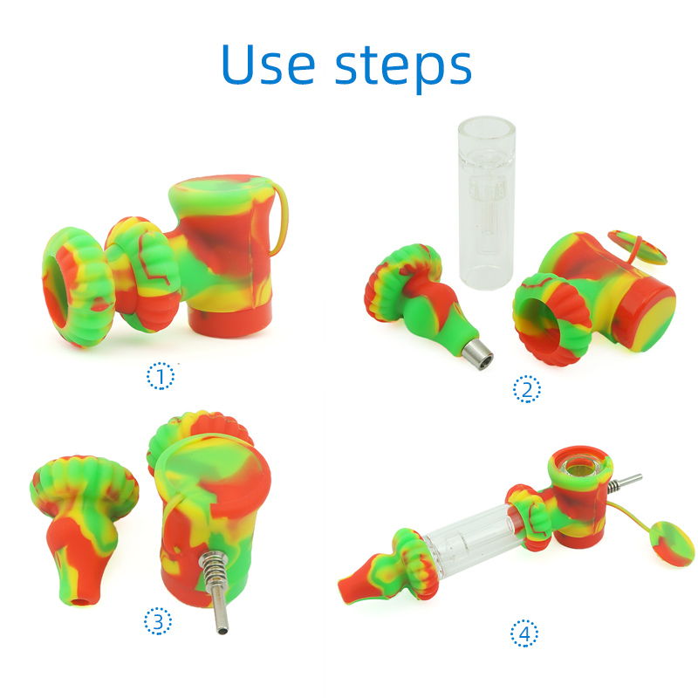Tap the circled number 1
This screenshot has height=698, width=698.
pos(161,376)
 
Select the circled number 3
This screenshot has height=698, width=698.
pos(158,621)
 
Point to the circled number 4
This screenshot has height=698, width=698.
pos(524,633)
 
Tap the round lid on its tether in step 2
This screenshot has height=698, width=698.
pos(637,250)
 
